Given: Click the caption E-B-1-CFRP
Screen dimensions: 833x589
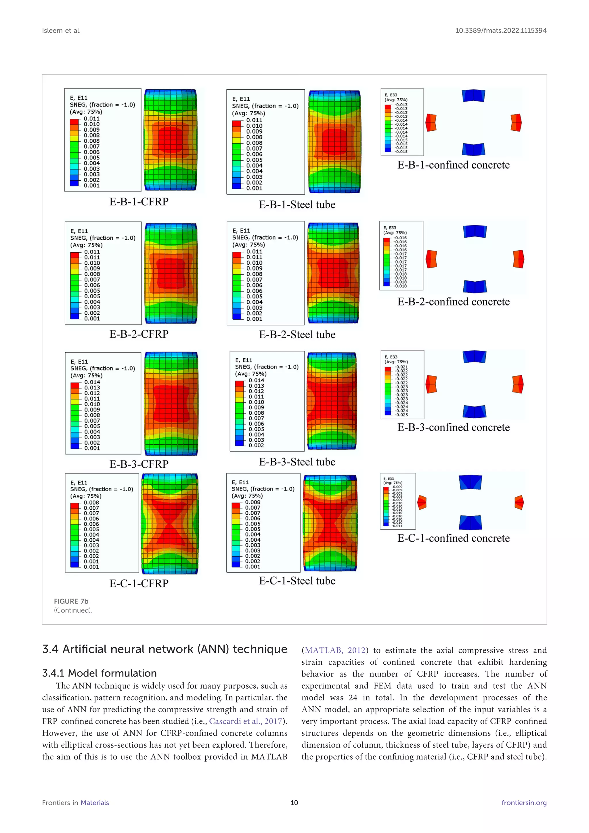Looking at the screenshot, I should [x=139, y=202].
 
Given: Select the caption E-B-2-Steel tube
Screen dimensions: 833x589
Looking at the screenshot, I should [x=297, y=335].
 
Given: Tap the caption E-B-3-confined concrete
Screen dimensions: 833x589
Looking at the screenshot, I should [x=453, y=427].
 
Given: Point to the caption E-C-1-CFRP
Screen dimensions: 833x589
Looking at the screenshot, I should [x=139, y=583].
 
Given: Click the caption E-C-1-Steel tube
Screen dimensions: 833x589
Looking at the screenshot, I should [x=297, y=581].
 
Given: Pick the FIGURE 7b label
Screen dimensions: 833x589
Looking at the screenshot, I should [x=71, y=601].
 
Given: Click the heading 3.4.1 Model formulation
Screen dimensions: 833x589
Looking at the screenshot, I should [x=100, y=673].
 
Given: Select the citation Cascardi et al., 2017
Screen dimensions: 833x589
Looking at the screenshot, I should [x=246, y=721].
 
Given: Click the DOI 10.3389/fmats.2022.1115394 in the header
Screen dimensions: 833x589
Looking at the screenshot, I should [x=501, y=30].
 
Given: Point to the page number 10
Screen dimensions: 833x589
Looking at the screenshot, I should [x=294, y=803].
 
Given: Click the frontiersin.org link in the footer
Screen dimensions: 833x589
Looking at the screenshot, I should [x=524, y=803].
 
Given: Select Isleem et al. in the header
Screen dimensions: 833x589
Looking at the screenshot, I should [x=61, y=30].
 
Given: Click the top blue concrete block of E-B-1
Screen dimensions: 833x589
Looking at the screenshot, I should [x=473, y=96].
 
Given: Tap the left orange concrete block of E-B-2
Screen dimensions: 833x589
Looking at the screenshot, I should [x=431, y=259].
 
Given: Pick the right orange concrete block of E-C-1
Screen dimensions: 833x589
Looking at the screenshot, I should [x=519, y=503].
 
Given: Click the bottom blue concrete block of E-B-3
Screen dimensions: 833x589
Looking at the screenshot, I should [x=474, y=411].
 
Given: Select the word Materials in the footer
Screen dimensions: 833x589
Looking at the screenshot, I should [x=95, y=803].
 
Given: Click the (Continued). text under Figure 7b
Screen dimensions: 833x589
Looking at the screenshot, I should [x=73, y=610].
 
